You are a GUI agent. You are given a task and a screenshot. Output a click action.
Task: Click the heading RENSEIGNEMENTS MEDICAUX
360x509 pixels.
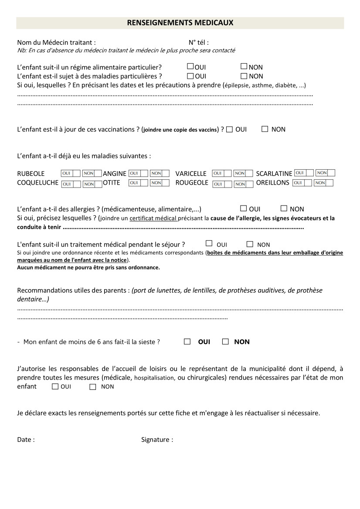180,23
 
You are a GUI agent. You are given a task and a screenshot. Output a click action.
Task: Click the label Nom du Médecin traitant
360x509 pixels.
56,42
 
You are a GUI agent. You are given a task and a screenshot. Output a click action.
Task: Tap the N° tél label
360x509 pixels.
198,42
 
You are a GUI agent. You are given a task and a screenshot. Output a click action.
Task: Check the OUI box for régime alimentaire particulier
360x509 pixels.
190,67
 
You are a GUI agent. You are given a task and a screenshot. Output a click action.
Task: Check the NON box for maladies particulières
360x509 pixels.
244,76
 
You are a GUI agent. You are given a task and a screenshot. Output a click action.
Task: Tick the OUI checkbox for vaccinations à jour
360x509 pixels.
230,129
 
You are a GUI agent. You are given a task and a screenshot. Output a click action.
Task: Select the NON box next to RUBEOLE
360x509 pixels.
92,173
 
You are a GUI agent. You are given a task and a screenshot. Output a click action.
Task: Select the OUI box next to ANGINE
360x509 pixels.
138,173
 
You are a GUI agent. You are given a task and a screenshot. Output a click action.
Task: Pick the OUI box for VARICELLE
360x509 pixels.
221,173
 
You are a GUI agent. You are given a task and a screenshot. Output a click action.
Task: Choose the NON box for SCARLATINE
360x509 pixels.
326,173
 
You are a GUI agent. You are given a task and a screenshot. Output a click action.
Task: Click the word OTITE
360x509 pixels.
112,183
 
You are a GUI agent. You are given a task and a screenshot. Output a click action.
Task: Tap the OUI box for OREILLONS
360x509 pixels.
302,183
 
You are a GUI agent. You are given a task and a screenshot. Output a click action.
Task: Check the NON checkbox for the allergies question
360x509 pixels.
284,209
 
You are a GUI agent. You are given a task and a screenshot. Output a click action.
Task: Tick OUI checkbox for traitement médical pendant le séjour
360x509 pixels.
209,244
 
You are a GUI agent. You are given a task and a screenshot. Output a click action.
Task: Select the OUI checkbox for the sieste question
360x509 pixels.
187,342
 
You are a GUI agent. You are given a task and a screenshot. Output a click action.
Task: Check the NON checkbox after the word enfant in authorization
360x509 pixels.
92,387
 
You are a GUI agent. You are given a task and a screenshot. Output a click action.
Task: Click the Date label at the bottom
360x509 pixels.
26,440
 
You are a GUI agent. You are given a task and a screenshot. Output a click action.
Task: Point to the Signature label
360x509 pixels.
157,440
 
